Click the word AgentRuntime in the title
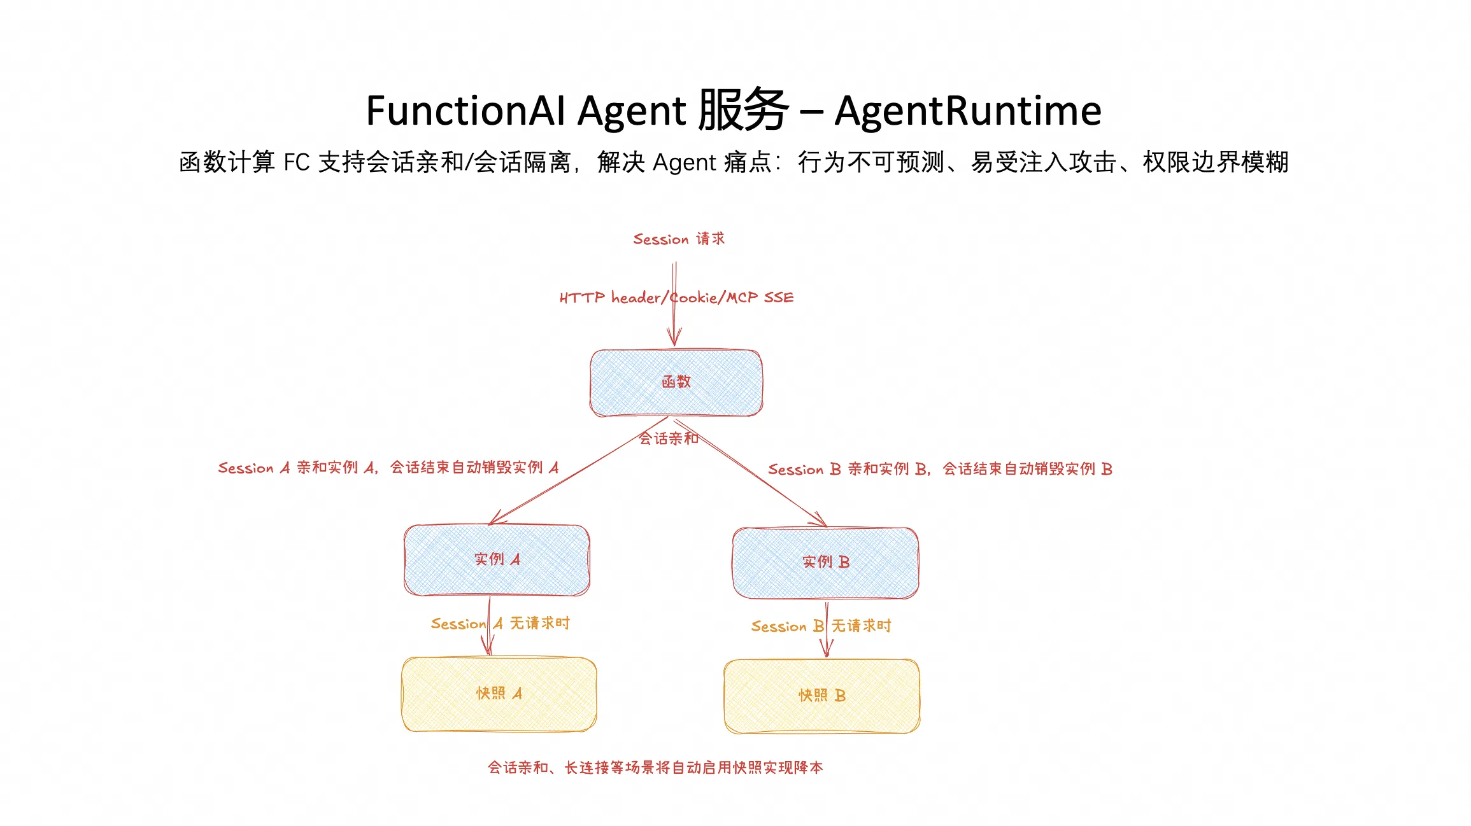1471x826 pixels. [967, 111]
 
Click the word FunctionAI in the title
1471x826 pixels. [465, 111]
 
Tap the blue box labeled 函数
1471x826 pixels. [676, 382]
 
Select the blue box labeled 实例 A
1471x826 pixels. [497, 560]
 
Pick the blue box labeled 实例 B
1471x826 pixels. [825, 563]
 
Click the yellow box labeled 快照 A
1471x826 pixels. [499, 694]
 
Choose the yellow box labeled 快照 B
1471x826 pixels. [821, 696]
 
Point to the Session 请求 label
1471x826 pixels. [678, 239]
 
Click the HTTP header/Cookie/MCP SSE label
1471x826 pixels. [676, 298]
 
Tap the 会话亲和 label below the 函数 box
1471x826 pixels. [669, 438]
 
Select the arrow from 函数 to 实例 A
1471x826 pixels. [573, 473]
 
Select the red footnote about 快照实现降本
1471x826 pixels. [655, 768]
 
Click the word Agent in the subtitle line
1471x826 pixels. [685, 163]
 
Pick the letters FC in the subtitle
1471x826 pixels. [296, 163]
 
